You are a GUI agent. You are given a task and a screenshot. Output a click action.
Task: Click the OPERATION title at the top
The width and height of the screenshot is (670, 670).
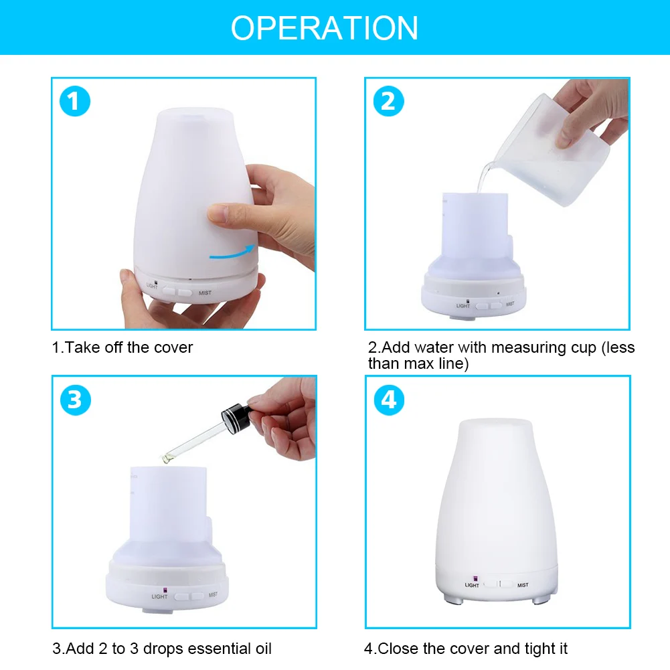coord(325,28)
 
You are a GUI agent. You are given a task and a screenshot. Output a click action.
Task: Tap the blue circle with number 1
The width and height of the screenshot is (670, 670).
coord(74,102)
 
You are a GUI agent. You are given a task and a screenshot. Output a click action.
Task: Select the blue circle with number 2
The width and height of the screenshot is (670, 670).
coord(388,102)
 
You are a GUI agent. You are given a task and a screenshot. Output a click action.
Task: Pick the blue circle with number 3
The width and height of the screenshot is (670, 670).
coord(74,400)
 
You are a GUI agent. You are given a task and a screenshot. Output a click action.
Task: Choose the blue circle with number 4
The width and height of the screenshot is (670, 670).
coord(388,400)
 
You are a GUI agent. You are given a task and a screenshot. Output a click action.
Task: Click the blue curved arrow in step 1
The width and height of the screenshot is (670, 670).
coord(232,252)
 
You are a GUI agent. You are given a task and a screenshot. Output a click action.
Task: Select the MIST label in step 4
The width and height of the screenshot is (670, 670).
coord(522,585)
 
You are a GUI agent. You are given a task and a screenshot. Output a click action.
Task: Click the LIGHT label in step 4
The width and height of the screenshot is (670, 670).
coord(472,585)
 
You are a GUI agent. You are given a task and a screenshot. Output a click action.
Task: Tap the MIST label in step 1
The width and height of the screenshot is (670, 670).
coord(205,292)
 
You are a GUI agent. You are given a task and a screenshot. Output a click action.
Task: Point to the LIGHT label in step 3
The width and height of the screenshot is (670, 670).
coord(159,596)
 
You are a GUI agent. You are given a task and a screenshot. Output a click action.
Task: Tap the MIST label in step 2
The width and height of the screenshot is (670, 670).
coord(510,303)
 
